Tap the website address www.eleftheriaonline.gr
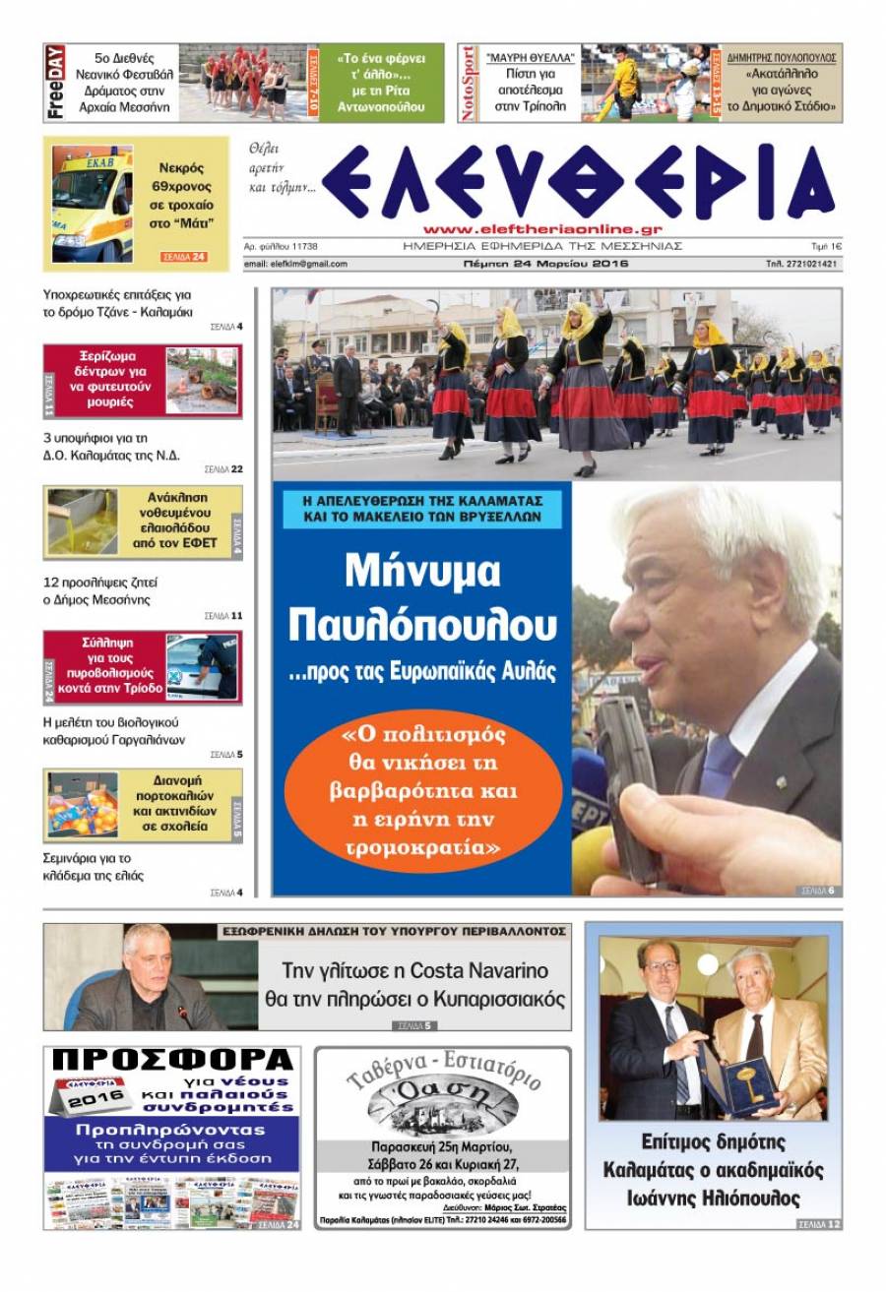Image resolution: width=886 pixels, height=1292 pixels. pyautogui.click(x=543, y=228)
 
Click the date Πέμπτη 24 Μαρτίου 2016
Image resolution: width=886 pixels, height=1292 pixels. pyautogui.click(x=545, y=264)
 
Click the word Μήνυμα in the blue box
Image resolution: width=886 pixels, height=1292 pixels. pyautogui.click(x=422, y=573)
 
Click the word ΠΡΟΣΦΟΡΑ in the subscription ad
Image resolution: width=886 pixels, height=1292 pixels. pyautogui.click(x=172, y=1061)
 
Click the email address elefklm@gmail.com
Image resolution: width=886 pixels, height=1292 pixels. pyautogui.click(x=295, y=264)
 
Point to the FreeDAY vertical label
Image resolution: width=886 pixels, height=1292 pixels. pyautogui.click(x=56, y=83)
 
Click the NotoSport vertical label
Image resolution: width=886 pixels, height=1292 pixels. pyautogui.click(x=470, y=83)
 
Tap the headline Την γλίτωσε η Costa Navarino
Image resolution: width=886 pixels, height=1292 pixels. pyautogui.click(x=414, y=969)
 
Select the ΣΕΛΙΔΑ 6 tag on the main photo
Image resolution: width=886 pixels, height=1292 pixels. pyautogui.click(x=817, y=891)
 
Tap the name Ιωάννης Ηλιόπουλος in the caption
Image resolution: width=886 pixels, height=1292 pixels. pyautogui.click(x=714, y=1199)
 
